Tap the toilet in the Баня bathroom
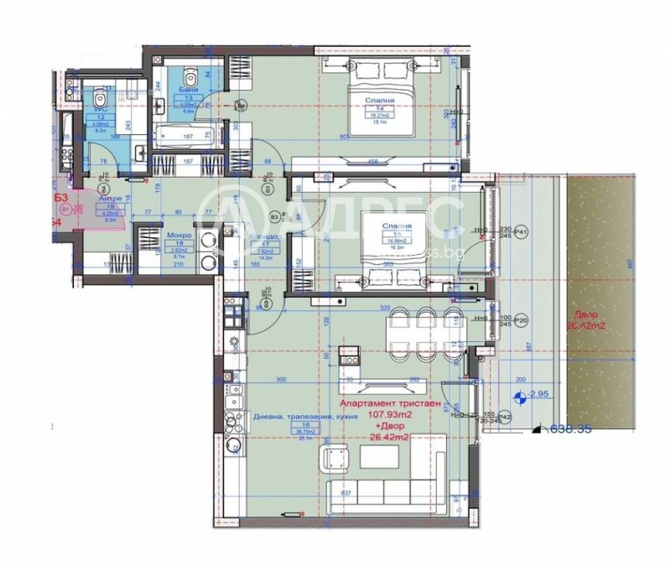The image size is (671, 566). pos(190,70)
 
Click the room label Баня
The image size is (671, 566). pos(182,87)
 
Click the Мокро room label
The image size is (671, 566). pos(179,236)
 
